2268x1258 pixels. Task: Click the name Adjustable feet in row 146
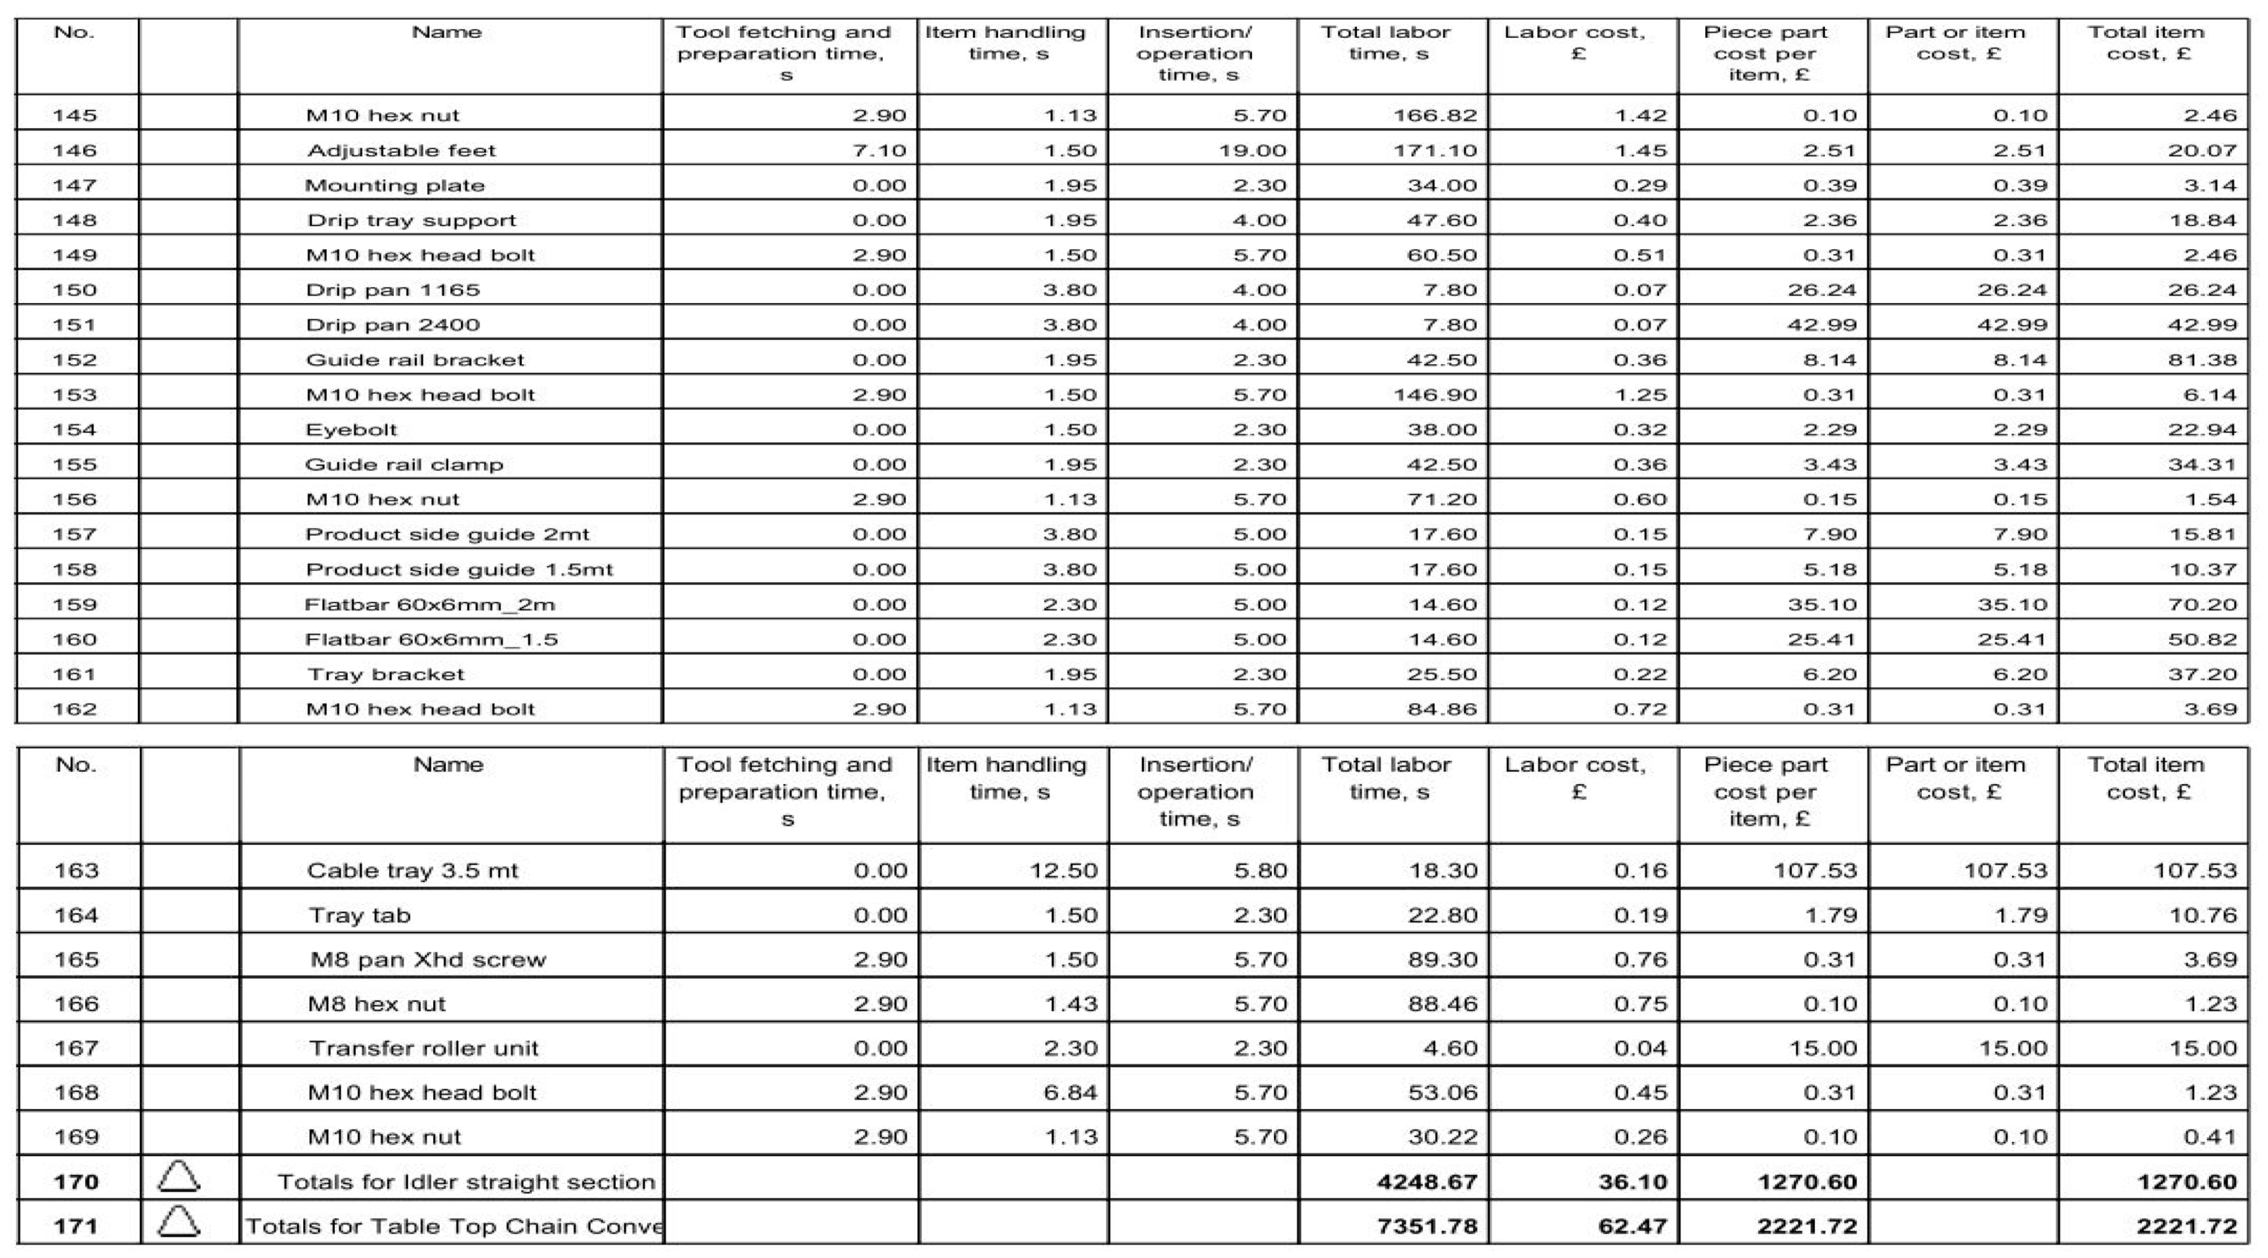tap(402, 150)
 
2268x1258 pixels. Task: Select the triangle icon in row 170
tap(179, 1177)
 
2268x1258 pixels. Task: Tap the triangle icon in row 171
tap(179, 1222)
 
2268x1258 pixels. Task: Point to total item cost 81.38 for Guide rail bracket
tap(2202, 360)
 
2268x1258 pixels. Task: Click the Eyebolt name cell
tap(351, 430)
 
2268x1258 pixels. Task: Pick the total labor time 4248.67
tap(1427, 1181)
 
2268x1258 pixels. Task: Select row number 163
tap(76, 871)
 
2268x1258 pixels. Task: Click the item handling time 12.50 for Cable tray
tap(1064, 871)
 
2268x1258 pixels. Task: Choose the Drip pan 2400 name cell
tap(393, 325)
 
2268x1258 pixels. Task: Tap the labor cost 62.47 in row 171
tap(1632, 1226)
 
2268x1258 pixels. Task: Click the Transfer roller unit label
tap(423, 1048)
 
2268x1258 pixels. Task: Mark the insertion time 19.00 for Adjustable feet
tap(1252, 150)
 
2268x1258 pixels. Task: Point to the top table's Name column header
tap(447, 32)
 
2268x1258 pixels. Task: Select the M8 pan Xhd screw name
tap(428, 960)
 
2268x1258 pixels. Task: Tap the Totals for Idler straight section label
tap(466, 1181)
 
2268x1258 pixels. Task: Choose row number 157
tap(75, 534)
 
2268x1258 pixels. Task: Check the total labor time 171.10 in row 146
tap(1435, 150)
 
